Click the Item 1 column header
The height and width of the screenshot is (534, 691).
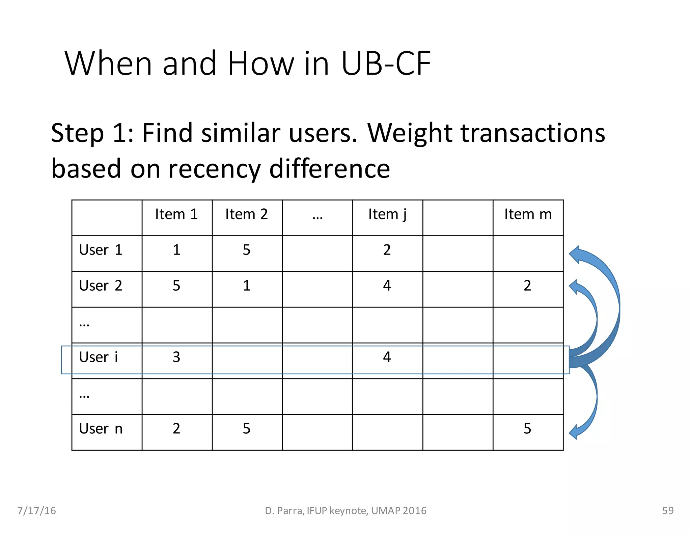[x=176, y=215]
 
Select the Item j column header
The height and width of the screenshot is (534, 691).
[x=387, y=215]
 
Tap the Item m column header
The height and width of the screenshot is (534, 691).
[x=528, y=215]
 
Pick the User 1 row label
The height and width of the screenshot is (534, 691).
[x=101, y=250]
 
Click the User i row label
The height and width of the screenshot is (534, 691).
[x=99, y=357]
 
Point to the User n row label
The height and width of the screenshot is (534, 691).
[x=101, y=429]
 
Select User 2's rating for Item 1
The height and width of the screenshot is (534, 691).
[x=176, y=286]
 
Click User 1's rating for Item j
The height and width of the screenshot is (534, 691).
[x=387, y=250]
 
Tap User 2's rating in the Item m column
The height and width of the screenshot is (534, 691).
[x=527, y=286]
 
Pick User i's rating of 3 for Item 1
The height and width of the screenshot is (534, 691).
[x=176, y=357]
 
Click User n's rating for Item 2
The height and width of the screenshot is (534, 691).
[x=247, y=429]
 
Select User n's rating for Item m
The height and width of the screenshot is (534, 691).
[x=527, y=429]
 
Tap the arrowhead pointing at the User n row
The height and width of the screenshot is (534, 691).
[x=575, y=432]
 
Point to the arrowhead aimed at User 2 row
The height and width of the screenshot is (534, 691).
[x=575, y=287]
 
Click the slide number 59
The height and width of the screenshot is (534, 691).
[x=668, y=511]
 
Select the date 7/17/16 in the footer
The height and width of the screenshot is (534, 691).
[x=36, y=511]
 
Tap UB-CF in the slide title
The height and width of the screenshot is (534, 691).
[x=386, y=63]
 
